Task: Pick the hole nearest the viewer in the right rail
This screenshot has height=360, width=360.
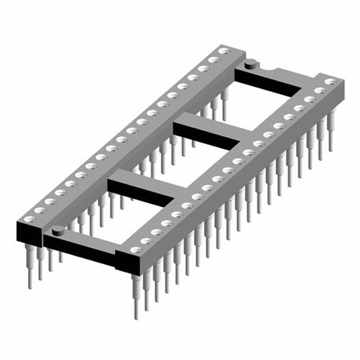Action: tap(134, 249)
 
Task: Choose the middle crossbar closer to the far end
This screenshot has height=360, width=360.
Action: tap(208, 132)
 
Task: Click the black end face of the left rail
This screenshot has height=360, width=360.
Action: tap(29, 230)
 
